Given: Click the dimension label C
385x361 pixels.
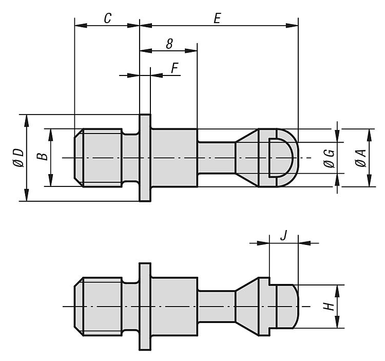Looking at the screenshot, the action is click(108, 18).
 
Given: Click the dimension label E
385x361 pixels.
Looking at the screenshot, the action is click(217, 18).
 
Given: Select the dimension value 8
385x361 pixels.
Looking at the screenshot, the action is click(169, 44).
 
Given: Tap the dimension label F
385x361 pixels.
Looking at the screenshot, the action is click(175, 68).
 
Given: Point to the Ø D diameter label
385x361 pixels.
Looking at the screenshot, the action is click(19, 158).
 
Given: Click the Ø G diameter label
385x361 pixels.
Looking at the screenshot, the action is click(329, 158).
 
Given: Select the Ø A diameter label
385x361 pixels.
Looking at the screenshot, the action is click(361, 158).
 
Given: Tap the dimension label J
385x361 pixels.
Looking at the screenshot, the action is click(283, 235).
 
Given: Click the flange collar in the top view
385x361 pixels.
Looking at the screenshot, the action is click(145, 158).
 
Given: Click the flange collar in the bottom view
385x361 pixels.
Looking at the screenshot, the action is click(145, 306).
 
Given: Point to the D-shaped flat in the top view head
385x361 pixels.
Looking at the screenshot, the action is click(280, 158).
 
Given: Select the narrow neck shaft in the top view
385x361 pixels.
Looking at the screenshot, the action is click(216, 158).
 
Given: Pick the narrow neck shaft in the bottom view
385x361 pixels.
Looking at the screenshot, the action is click(216, 306).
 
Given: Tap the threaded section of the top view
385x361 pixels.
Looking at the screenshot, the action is click(98, 158).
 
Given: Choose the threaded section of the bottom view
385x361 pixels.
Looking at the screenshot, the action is click(98, 306).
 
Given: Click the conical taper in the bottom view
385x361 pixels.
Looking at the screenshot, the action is click(247, 306).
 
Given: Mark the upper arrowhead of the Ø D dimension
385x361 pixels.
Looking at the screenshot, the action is click(26, 121).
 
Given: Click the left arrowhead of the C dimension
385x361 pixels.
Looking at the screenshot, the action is click(81, 25).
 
